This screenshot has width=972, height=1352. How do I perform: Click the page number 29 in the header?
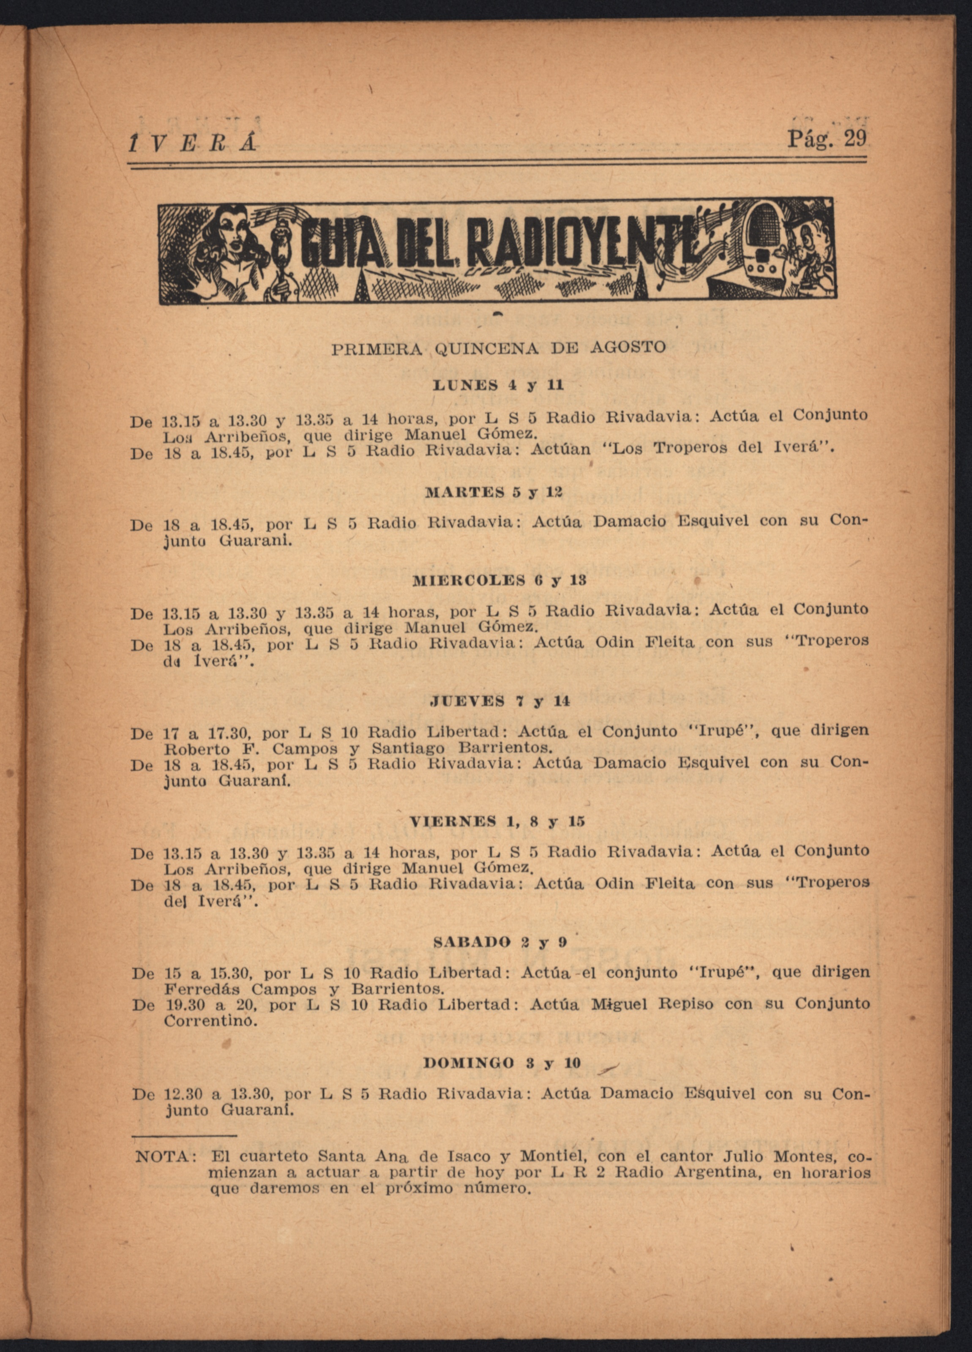coord(855,139)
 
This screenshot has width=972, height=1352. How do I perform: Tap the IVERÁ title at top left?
coord(193,142)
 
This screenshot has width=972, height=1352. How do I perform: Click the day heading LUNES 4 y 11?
coord(498,386)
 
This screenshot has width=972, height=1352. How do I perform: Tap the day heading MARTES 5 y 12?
coord(494,492)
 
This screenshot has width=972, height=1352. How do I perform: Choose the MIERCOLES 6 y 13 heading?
coord(499,580)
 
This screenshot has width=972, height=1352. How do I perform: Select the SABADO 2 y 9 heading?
coord(500,943)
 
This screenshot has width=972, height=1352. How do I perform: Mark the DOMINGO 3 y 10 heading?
coord(502,1063)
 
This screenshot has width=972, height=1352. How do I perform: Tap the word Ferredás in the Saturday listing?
coord(202,989)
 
